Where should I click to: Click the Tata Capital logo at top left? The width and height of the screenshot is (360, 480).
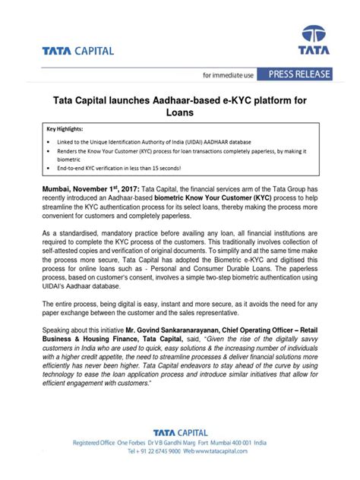point(79,51)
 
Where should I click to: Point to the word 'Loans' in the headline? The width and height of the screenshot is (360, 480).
point(180,112)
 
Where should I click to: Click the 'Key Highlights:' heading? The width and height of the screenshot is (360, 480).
point(68,129)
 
